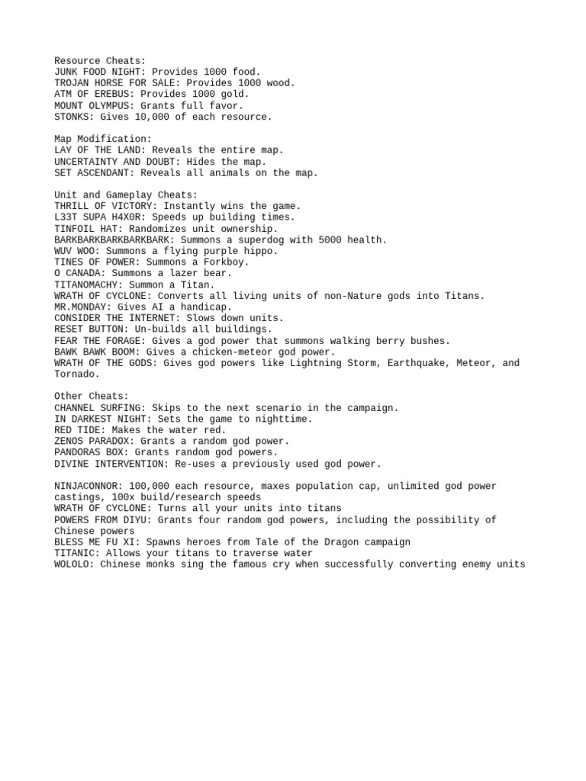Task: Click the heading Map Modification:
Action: click(103, 139)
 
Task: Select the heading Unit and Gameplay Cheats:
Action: click(126, 195)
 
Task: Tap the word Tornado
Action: click(77, 374)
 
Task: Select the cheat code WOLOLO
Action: click(71, 564)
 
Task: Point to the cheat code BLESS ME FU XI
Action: click(94, 542)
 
